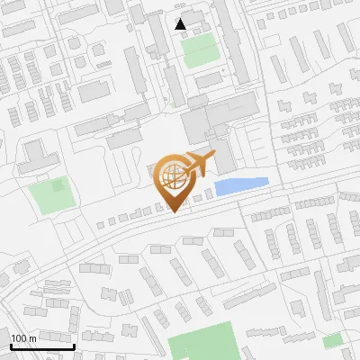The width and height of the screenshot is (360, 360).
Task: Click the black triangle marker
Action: pyautogui.click(x=181, y=23)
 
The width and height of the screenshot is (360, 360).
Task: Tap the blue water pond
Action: pyautogui.click(x=241, y=185)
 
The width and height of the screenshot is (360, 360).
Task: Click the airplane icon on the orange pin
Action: pyautogui.click(x=200, y=165)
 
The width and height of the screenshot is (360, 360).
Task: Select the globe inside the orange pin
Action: pyautogui.click(x=175, y=176)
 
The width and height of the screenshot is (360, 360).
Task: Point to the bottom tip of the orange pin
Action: pyautogui.click(x=174, y=211)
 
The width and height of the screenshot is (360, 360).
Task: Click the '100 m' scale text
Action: pyautogui.click(x=22, y=338)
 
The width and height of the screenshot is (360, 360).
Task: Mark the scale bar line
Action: pyautogui.click(x=42, y=346)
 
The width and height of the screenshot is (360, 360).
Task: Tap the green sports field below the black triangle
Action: pyautogui.click(x=200, y=50)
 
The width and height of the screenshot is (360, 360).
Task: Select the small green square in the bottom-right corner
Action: pyautogui.click(x=333, y=340)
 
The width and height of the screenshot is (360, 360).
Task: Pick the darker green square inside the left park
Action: pyautogui.click(x=58, y=186)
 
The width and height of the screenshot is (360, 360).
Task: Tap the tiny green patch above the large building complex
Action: pyautogui.click(x=174, y=104)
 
